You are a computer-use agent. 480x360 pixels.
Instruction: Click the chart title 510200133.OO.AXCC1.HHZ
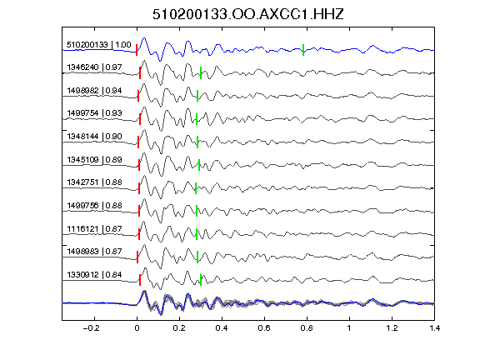248,14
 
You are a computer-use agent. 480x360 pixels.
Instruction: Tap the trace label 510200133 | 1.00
99,45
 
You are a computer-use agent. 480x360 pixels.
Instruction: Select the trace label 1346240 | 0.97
95,67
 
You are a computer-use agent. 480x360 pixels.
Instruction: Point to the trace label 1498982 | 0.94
95,91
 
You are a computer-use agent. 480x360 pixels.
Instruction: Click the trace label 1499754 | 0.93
95,113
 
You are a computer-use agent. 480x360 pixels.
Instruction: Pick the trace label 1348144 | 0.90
95,137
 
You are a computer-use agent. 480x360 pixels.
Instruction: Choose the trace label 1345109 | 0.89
95,160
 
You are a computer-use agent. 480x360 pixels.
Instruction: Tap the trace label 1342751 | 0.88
95,182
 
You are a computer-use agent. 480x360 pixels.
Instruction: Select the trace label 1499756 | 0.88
95,206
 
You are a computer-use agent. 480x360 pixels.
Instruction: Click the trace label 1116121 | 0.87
95,229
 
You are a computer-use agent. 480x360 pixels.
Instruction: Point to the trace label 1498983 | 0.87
95,252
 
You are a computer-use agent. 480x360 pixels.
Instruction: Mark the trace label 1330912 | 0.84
95,275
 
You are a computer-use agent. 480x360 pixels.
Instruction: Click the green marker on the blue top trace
303,50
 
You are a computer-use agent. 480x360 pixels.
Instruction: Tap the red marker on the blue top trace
137,50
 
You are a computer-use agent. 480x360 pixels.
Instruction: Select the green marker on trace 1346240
201,73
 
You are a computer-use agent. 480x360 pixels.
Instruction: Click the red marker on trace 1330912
140,280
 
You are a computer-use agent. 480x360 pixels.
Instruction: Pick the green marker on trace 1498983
197,257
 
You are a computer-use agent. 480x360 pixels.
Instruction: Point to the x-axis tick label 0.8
307,328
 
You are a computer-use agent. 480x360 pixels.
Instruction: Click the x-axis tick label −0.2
91,328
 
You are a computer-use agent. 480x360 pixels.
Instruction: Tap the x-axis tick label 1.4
434,328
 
